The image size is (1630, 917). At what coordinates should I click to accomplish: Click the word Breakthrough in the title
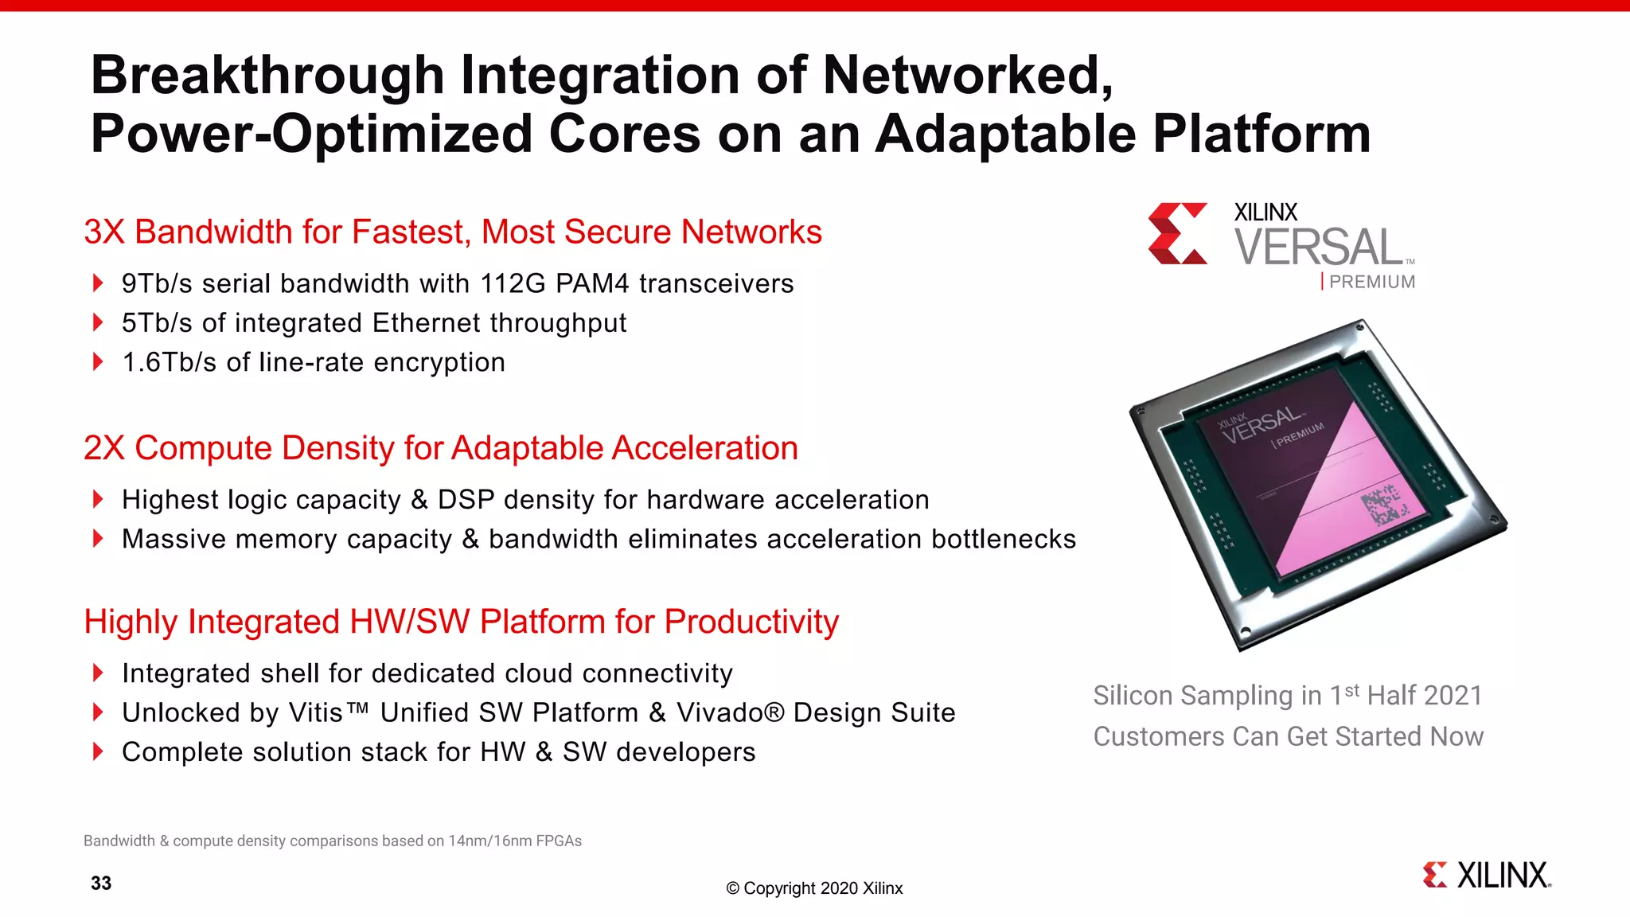click(x=267, y=76)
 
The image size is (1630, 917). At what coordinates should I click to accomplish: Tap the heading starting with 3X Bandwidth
click(x=452, y=232)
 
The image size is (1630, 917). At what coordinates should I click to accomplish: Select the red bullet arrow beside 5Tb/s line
click(x=98, y=322)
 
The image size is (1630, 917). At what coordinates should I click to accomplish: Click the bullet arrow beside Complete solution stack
click(x=98, y=751)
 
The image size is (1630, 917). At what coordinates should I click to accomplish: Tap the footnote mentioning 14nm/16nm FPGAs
click(x=333, y=841)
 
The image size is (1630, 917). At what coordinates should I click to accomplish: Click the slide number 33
click(x=101, y=883)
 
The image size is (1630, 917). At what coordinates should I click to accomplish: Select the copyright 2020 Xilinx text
click(x=814, y=888)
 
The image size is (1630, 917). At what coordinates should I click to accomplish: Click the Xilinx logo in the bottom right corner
click(x=1487, y=875)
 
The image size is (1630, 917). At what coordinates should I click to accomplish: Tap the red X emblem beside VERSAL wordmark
click(x=1177, y=233)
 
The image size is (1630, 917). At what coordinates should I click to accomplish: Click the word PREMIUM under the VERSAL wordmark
click(x=1372, y=282)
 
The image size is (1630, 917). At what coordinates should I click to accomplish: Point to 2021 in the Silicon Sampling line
click(x=1453, y=696)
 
